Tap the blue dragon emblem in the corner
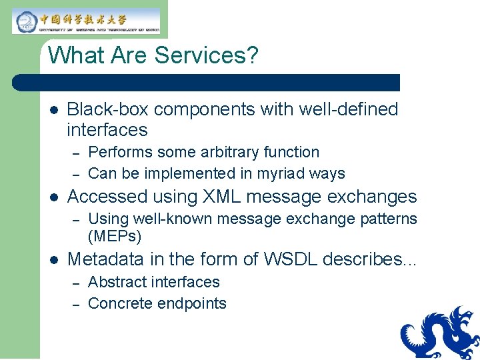click(440, 333)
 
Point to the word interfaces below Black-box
click(107, 129)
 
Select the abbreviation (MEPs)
click(115, 236)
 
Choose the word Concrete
click(120, 303)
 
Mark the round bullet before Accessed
click(55, 197)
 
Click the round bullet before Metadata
click(55, 259)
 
